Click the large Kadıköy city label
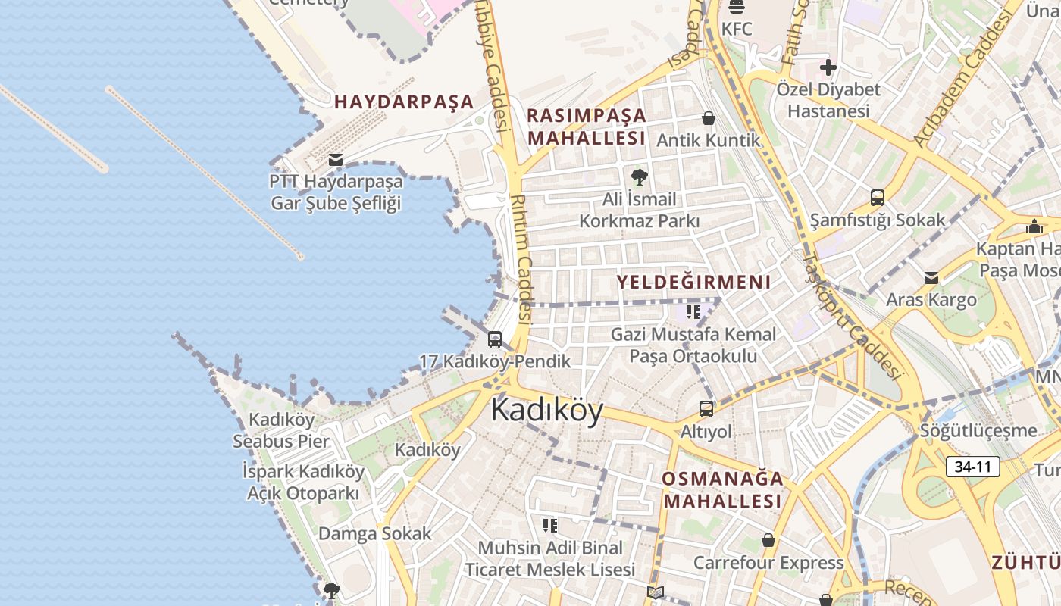(547, 411)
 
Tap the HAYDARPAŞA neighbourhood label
(404, 102)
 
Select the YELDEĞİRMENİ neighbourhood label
(693, 283)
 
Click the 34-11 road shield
(972, 467)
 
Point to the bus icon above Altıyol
(706, 409)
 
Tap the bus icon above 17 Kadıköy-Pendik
(495, 339)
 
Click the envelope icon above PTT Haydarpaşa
(336, 160)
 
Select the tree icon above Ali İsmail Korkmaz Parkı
(639, 177)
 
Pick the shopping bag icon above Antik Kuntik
(709, 118)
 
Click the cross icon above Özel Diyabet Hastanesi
(828, 67)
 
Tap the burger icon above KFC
(737, 8)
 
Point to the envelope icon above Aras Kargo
(931, 278)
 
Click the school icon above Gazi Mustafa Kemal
(693, 311)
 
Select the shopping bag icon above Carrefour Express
(768, 540)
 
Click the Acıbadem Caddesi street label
(963, 81)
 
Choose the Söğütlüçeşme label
(978, 431)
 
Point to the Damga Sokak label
(374, 533)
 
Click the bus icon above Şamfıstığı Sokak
(878, 198)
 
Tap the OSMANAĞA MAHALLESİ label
(722, 490)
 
